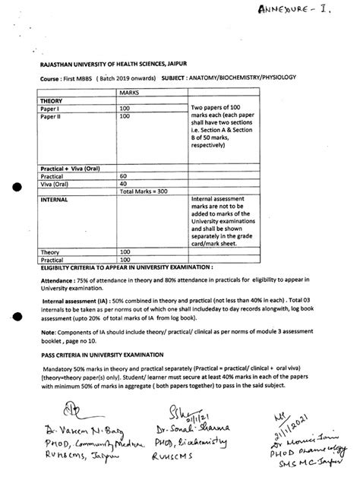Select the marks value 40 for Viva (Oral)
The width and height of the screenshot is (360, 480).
pyautogui.click(x=125, y=183)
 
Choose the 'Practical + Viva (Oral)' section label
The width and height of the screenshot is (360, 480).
pyautogui.click(x=72, y=166)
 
